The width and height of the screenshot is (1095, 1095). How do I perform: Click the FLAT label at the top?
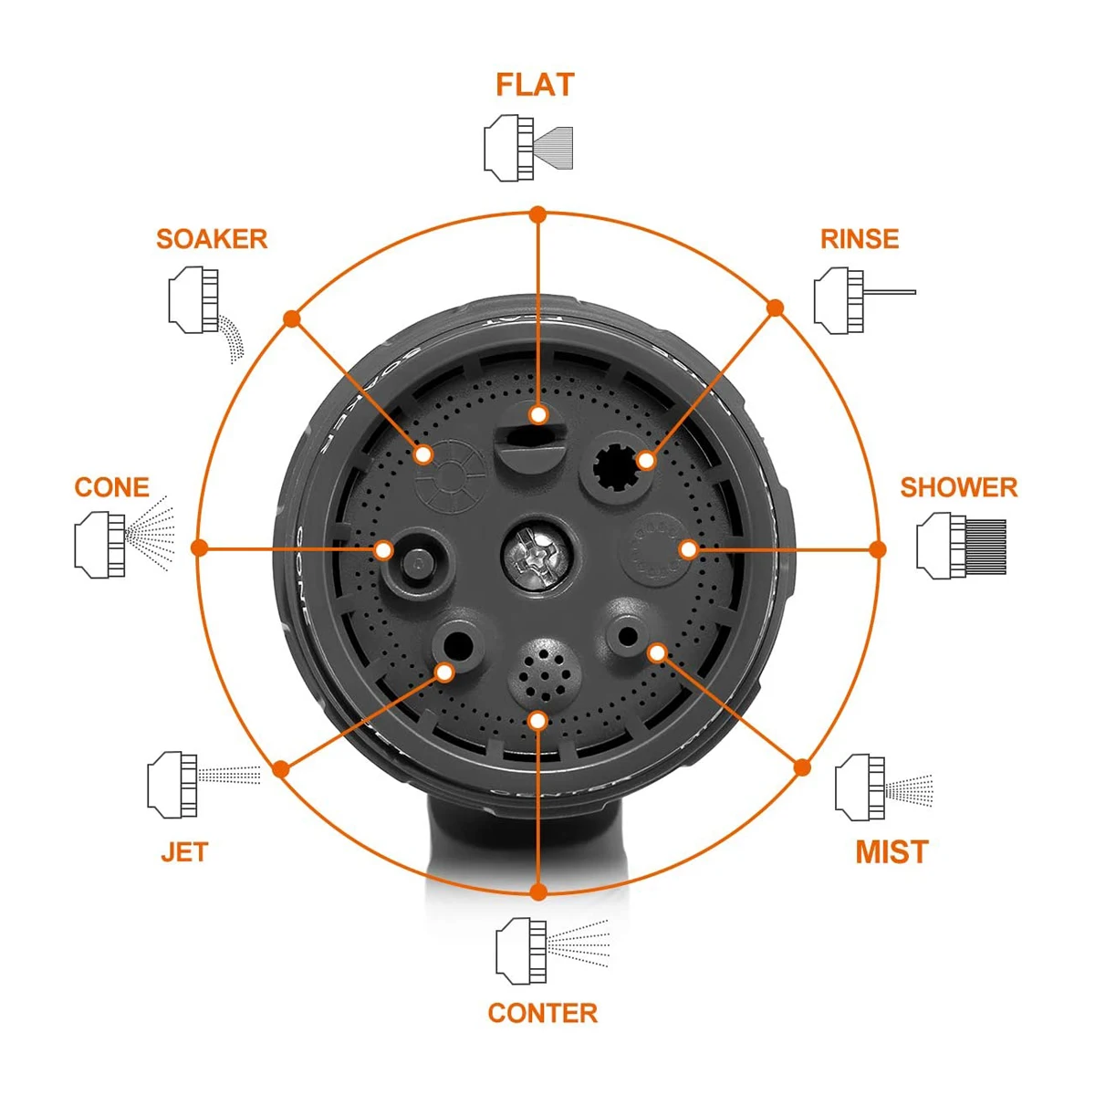pos(535,85)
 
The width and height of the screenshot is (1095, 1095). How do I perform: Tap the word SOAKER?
pos(212,239)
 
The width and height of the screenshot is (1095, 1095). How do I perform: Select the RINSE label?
pos(860,239)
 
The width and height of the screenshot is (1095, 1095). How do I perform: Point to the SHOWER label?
pos(958,487)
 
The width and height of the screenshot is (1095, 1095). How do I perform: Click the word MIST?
pos(892,851)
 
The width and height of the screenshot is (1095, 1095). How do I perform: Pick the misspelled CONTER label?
pos(543,1013)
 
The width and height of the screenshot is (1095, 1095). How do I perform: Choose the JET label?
pos(184,852)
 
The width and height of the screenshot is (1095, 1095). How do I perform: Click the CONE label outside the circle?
pos(111,487)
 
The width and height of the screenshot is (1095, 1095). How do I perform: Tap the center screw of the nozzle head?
pos(536,551)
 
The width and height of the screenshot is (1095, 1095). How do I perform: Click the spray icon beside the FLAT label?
pos(528,147)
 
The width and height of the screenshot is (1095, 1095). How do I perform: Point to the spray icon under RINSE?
pos(863,298)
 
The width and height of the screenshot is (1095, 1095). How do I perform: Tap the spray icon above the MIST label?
pos(883,787)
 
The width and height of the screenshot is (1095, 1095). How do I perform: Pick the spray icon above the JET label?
pos(203,783)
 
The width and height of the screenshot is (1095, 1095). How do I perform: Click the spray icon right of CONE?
pos(124,545)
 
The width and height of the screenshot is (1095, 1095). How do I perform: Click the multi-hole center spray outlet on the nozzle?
pos(544,672)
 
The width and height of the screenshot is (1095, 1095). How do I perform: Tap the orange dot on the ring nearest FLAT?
pos(538,215)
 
